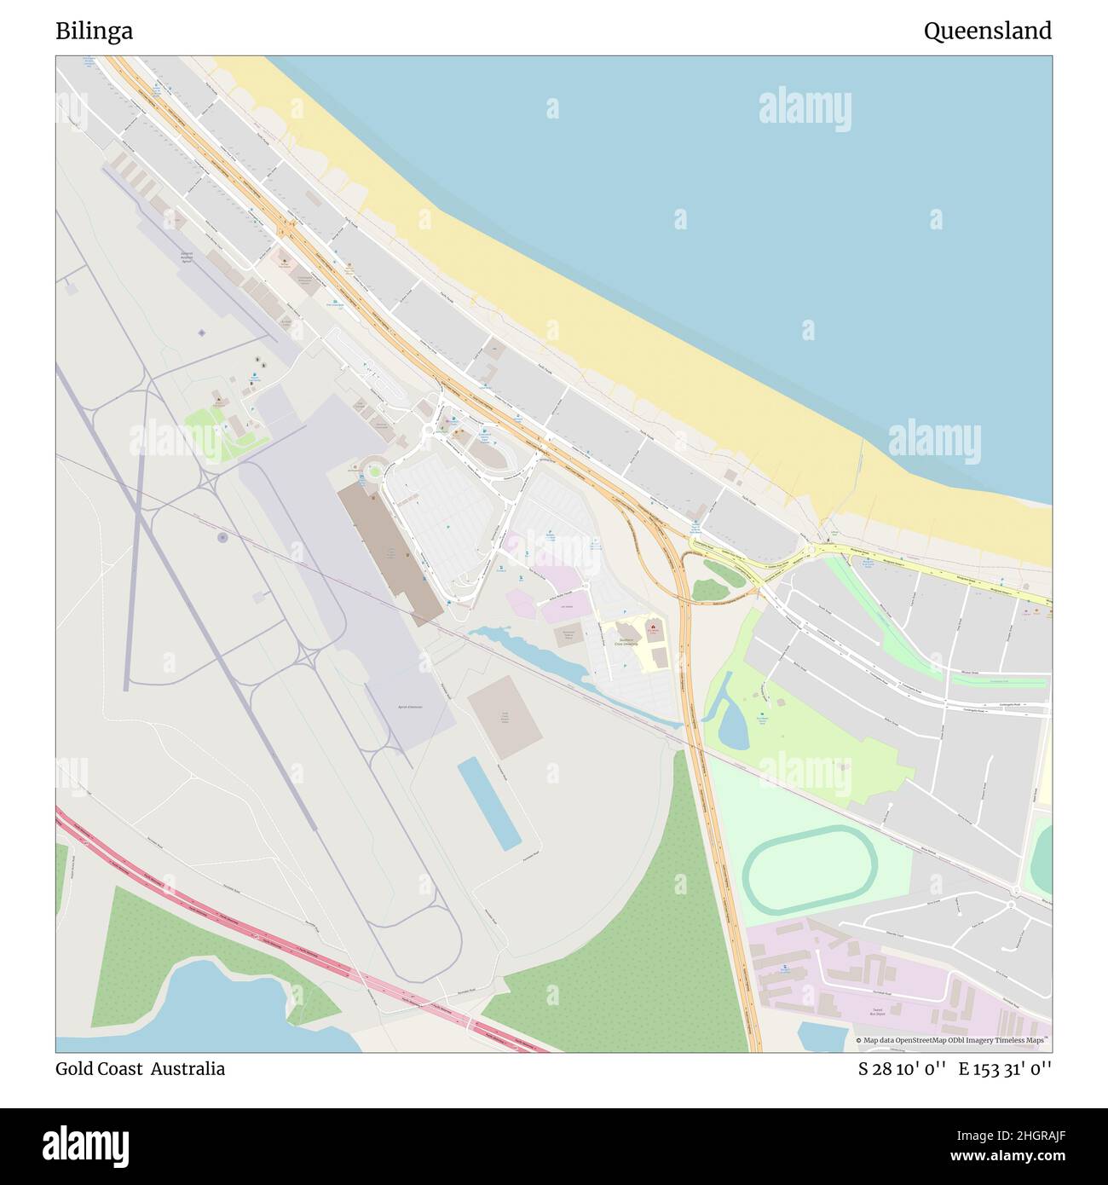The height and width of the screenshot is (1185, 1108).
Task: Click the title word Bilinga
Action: [94, 32]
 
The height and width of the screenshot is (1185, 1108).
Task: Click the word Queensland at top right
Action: [987, 32]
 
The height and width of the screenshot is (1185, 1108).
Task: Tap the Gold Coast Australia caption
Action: [140, 1068]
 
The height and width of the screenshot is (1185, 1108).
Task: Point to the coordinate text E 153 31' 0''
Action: [1005, 1068]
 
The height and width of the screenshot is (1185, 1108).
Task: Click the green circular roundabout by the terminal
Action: [374, 470]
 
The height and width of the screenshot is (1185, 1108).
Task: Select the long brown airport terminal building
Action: [390, 551]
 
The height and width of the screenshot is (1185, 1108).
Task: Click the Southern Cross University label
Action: [626, 641]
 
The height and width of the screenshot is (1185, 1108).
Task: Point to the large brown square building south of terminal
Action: [505, 716]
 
